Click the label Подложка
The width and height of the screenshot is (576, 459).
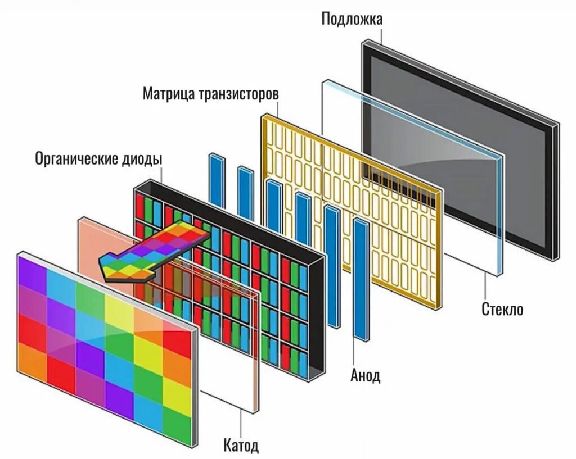point(352,19)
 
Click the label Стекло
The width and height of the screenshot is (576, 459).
point(502,309)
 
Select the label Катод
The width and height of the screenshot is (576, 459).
point(241,446)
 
